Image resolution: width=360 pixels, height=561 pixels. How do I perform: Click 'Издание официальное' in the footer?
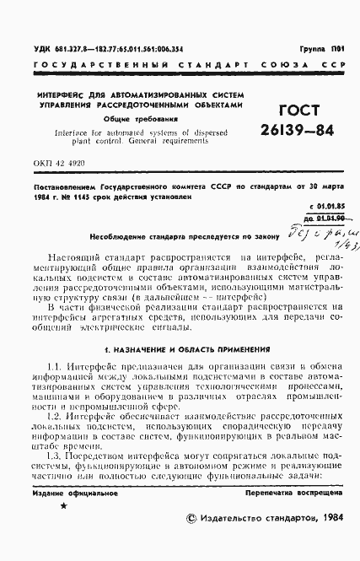coord(67,491)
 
